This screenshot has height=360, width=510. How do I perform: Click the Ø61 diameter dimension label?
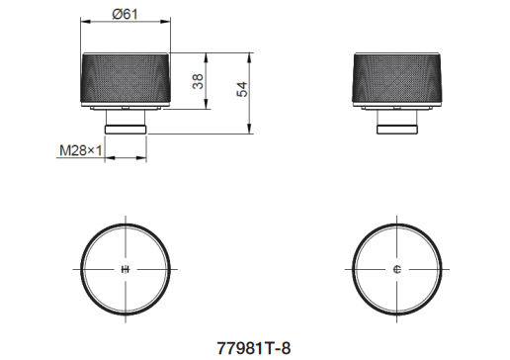tap(125, 14)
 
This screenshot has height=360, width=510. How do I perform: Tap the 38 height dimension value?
tap(198, 81)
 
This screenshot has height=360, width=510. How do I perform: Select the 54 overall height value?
tap(242, 89)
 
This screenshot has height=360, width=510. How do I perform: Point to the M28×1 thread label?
tap(81, 150)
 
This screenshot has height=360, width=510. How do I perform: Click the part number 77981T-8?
tap(254, 348)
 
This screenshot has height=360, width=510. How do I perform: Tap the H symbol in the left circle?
tap(126, 269)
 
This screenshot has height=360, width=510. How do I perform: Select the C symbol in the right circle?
tap(397, 269)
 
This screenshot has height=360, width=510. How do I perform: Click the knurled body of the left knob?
tap(126, 78)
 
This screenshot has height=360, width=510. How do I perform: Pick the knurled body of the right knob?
tap(397, 78)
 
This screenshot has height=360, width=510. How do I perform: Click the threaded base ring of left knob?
tap(126, 130)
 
